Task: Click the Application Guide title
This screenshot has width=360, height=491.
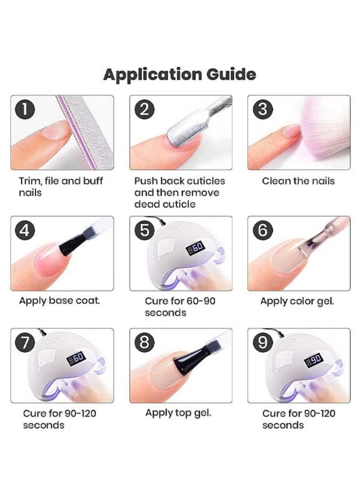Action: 180,75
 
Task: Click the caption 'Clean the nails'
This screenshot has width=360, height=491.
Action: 298,181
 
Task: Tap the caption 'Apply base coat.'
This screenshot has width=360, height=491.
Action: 59,300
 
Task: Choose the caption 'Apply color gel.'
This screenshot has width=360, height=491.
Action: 297,301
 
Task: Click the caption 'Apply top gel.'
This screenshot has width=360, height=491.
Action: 178,413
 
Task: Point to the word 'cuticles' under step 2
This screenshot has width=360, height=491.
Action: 205,181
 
